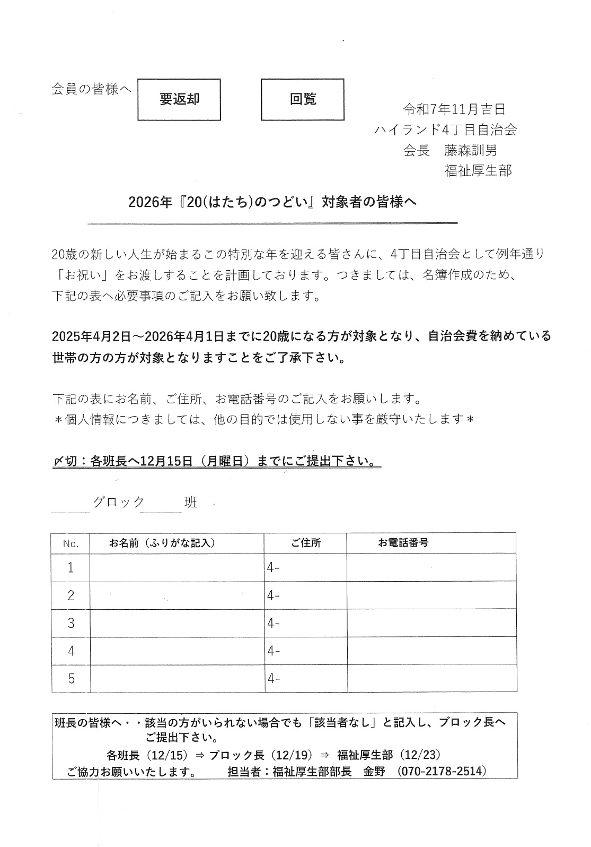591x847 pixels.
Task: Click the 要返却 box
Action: [x=179, y=100]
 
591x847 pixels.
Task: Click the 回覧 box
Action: [x=303, y=99]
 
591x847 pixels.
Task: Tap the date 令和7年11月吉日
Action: [x=454, y=110]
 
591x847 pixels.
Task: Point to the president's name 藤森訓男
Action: [x=471, y=151]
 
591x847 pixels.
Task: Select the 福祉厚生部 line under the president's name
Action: [x=478, y=171]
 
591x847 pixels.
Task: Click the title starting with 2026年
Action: [x=272, y=202]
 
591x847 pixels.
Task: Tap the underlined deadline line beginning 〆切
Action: [x=217, y=461]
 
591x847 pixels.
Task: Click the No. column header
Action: [x=70, y=543]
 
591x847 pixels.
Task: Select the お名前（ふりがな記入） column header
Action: [x=162, y=543]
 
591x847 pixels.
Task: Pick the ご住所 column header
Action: [x=305, y=543]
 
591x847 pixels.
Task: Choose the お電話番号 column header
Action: [x=403, y=542]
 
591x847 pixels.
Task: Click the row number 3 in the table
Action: [x=71, y=623]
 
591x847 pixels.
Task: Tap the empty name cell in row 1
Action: [x=177, y=568]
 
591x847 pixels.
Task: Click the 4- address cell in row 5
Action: [x=305, y=678]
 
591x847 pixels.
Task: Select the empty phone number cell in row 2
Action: [x=431, y=595]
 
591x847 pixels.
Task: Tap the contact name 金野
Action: [x=374, y=771]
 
